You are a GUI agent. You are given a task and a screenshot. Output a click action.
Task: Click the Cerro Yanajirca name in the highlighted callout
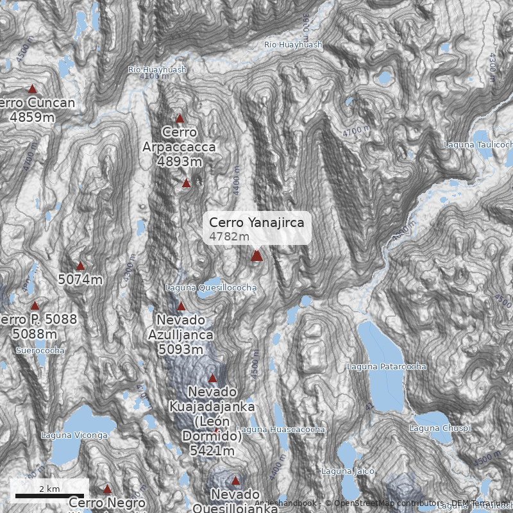tap(256, 223)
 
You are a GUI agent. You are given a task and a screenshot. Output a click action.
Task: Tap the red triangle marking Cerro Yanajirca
tap(256, 256)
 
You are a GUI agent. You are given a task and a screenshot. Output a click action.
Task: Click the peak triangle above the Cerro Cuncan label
tap(32, 89)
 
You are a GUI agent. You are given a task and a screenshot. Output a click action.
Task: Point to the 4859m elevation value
tap(32, 117)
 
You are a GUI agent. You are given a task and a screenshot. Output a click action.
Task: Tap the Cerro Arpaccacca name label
tap(179, 140)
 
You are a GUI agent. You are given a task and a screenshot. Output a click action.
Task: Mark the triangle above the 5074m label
tap(80, 266)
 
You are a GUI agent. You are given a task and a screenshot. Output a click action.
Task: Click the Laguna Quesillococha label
tap(211, 288)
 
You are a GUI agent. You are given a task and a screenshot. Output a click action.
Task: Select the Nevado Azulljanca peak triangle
tap(181, 307)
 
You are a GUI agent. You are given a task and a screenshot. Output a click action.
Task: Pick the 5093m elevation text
tap(180, 349)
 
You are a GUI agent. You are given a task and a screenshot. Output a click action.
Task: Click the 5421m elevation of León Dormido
tap(212, 451)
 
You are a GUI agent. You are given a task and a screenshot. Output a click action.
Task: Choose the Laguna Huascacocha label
tap(281, 429)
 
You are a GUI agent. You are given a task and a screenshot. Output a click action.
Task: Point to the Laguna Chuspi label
tap(440, 428)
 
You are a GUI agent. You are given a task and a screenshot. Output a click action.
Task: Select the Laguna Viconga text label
tap(74, 435)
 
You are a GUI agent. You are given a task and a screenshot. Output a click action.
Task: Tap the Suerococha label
tap(40, 351)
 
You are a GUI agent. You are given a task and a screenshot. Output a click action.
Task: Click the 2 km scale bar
tap(49, 495)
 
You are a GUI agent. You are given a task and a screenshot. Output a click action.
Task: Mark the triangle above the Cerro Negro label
tap(107, 489)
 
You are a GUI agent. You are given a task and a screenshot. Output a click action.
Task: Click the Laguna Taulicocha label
tap(478, 145)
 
